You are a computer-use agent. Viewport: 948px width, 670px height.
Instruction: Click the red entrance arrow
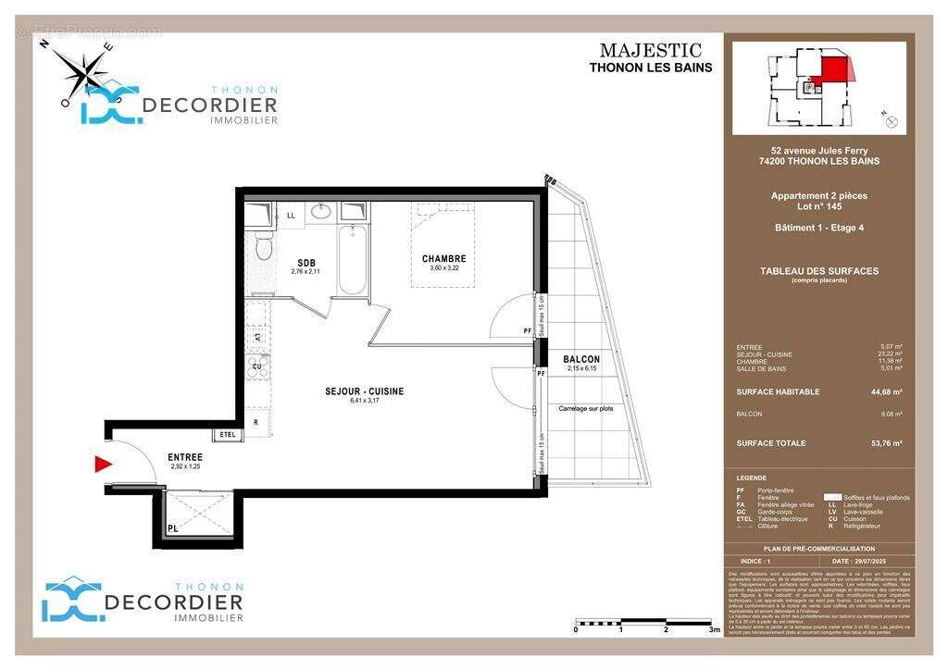pos(104,464)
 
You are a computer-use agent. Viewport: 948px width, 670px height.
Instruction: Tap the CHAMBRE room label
pos(443,259)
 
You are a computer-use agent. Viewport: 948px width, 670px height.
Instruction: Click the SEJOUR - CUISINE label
pos(364,391)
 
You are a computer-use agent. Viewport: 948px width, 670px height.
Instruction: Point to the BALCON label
pos(581,359)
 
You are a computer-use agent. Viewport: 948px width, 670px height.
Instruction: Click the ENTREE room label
pos(185,457)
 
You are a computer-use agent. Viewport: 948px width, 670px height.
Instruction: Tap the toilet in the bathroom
pos(263,247)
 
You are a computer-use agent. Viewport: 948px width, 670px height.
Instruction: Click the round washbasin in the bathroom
pos(321,211)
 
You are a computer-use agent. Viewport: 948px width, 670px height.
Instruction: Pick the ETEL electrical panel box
pos(227,434)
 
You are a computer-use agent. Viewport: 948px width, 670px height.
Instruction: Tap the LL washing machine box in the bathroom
pos(291,216)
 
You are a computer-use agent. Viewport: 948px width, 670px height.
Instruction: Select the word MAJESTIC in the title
pos(650,51)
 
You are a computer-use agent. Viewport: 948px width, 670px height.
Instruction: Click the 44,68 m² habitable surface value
pos(885,391)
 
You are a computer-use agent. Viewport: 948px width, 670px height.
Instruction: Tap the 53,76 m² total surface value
pos(885,443)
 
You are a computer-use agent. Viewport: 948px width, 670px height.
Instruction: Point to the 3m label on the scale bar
pos(713,629)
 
